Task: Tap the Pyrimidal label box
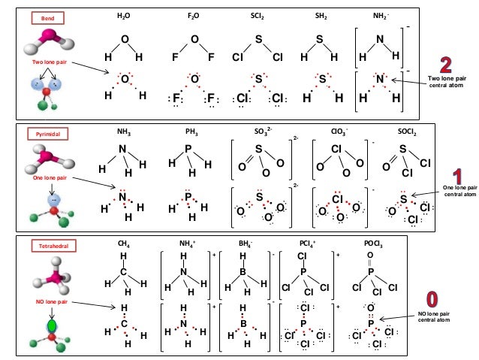click(47, 133)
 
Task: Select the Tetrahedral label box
click(46, 246)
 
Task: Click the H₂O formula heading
click(124, 15)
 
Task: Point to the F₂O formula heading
click(194, 15)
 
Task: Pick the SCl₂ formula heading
click(258, 15)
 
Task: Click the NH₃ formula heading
click(123, 132)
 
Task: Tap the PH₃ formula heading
click(191, 132)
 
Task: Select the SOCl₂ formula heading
click(407, 132)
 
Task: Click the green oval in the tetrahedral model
click(52, 327)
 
